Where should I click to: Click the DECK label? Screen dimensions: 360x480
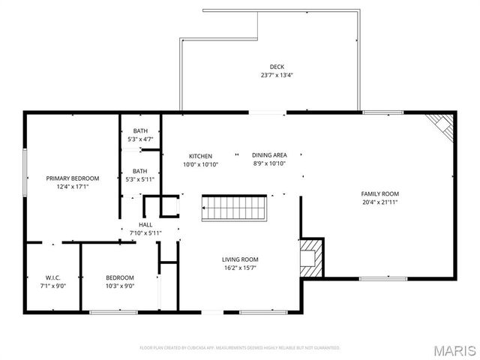click(277, 67)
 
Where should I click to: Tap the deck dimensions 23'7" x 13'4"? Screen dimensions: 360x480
click(277, 75)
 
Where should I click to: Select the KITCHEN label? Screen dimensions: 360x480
click(200, 156)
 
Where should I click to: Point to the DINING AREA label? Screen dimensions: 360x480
click(269, 156)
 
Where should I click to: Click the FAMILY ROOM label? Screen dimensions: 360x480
click(379, 193)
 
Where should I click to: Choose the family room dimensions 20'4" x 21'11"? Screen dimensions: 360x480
click(379, 202)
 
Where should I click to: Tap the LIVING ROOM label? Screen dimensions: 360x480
click(240, 259)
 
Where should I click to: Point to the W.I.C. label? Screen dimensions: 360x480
click(52, 277)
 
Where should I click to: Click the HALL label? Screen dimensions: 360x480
click(145, 224)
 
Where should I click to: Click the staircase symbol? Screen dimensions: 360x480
click(235, 208)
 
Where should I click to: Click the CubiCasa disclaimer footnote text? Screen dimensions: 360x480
click(240, 348)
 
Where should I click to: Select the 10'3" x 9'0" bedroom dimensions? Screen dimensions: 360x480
click(120, 286)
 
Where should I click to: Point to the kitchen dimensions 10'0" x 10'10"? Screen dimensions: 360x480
click(200, 164)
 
